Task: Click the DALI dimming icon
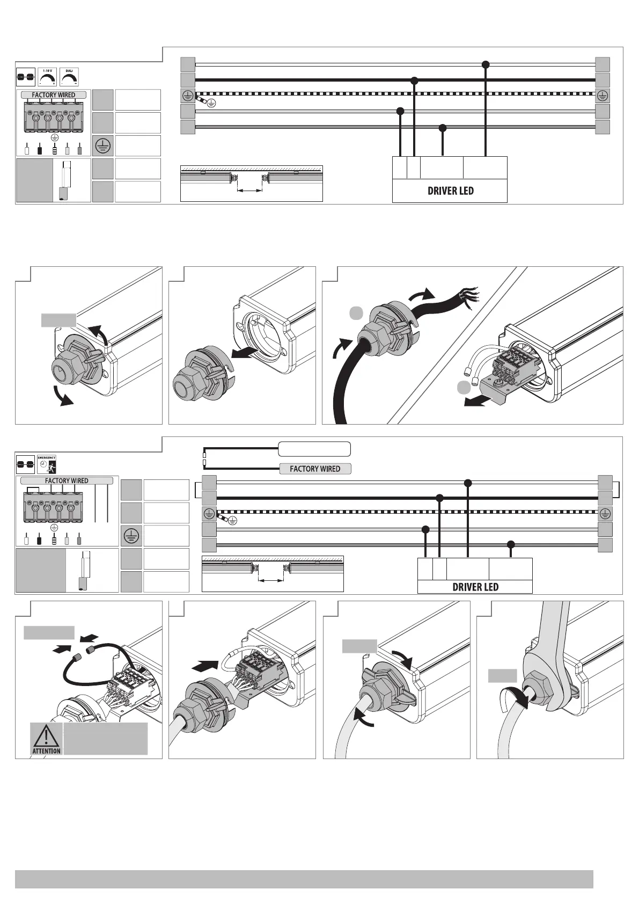click(69, 77)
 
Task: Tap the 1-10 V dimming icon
click(48, 77)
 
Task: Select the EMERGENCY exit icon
click(47, 463)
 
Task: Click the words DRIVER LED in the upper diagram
click(450, 191)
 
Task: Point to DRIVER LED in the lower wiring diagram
click(475, 587)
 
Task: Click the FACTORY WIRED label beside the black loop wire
click(315, 469)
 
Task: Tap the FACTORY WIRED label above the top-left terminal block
click(53, 95)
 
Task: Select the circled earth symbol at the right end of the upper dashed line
click(603, 96)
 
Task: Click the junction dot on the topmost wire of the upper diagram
click(486, 64)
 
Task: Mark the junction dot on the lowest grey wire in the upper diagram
click(443, 128)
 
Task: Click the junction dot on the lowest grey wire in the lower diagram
click(511, 544)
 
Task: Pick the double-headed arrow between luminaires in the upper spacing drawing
click(250, 190)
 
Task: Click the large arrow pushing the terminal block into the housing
click(205, 666)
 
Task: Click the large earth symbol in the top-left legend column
click(103, 145)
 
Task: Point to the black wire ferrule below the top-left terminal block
click(39, 149)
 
